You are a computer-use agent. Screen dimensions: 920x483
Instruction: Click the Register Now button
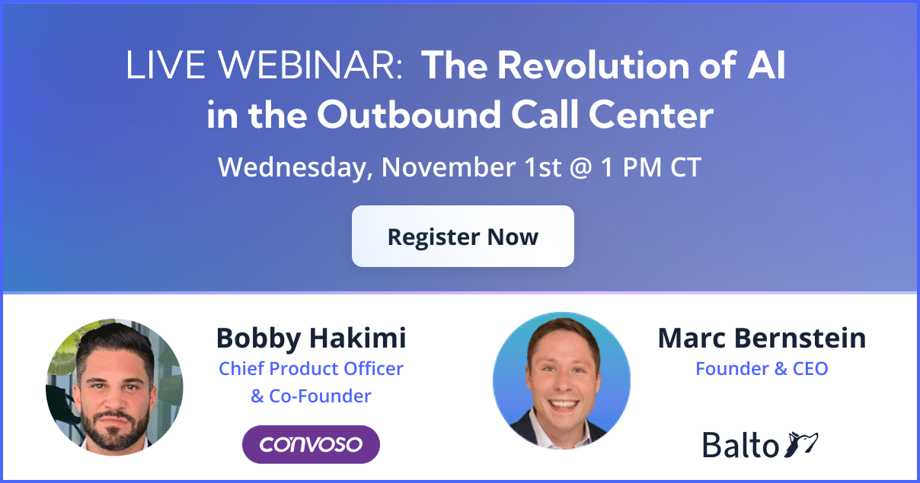click(x=463, y=236)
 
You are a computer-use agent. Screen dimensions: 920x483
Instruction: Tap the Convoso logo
click(x=311, y=444)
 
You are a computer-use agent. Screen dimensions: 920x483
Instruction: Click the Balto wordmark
click(x=740, y=445)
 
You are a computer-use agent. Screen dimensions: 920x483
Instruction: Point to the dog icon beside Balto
click(x=801, y=444)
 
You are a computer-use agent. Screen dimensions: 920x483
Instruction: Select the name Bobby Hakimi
click(x=311, y=338)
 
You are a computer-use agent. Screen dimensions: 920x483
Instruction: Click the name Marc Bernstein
click(x=762, y=338)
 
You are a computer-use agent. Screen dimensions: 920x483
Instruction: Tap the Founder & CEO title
click(x=762, y=368)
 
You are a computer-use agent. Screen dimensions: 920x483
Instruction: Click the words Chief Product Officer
click(x=311, y=368)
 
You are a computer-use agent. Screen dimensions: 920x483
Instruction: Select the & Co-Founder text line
click(x=311, y=396)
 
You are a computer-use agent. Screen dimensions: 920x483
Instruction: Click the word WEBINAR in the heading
click(x=309, y=65)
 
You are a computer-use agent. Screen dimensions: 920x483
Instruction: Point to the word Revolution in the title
click(x=594, y=65)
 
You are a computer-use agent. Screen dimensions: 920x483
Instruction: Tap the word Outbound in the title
click(x=409, y=115)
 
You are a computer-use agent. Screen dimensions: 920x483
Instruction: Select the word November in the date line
click(x=449, y=167)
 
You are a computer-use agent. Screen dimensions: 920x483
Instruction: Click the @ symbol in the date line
click(x=580, y=168)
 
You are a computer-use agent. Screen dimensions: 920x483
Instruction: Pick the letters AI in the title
click(x=766, y=65)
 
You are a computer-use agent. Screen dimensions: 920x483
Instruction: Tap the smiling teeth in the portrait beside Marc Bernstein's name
click(x=563, y=405)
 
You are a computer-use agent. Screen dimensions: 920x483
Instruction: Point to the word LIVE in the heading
click(x=165, y=65)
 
